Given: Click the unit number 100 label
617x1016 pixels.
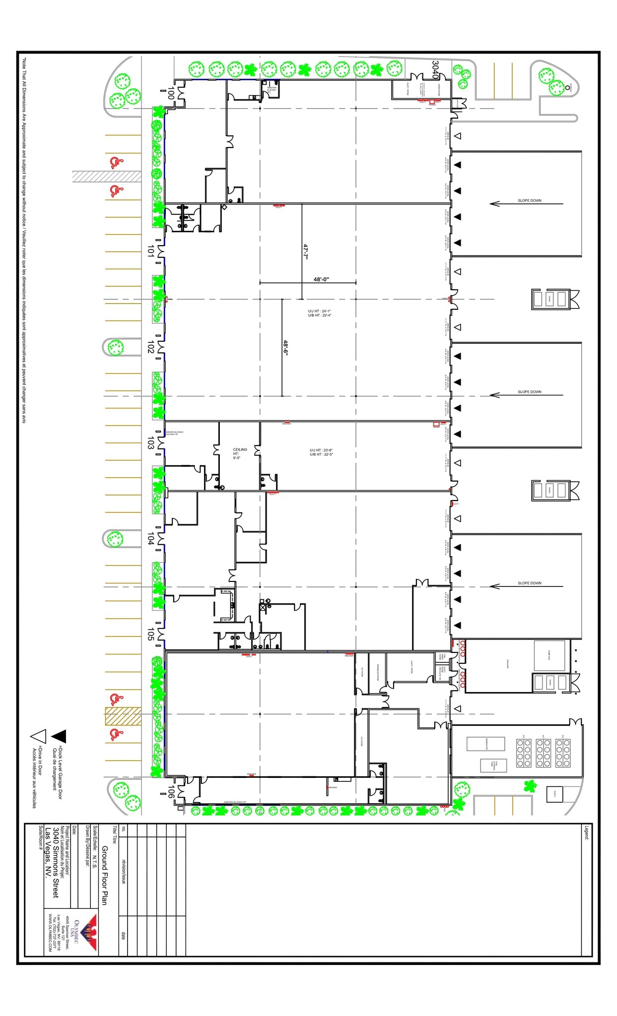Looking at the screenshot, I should [x=170, y=93].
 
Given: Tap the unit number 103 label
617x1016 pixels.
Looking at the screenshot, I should [x=150, y=443].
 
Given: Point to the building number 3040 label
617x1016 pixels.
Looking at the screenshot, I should [x=435, y=70].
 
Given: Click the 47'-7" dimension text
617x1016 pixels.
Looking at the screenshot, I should [x=306, y=251].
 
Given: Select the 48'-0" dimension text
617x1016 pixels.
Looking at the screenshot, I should [x=321, y=279].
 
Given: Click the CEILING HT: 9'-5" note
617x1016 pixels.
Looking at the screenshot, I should [x=240, y=454].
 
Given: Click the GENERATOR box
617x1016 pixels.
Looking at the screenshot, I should [x=485, y=744].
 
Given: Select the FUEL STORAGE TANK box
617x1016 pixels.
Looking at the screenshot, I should [x=493, y=765].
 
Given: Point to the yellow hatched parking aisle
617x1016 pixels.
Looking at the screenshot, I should [x=123, y=716].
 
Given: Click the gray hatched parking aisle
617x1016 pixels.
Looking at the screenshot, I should [x=106, y=176].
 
